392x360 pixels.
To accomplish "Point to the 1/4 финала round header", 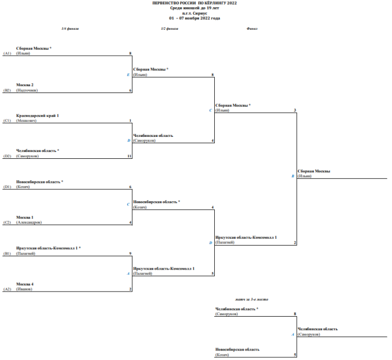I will [x=70, y=29].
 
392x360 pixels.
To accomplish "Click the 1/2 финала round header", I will [x=169, y=29].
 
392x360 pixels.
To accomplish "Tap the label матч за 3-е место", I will [x=252, y=299].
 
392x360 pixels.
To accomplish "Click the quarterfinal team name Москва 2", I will [x=25, y=85].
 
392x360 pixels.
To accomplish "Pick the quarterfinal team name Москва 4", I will [x=25, y=284].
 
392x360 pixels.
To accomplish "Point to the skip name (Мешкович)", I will [x=27, y=120].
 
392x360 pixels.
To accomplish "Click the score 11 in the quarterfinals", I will [x=129, y=156].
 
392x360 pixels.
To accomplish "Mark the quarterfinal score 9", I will [x=129, y=253].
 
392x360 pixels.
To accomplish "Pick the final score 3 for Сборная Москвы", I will [x=295, y=110].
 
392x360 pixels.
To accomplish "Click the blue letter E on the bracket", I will [x=128, y=75].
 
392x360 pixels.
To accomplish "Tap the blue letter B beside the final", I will [x=293, y=176].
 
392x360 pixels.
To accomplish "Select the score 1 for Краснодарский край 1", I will [x=130, y=120].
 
